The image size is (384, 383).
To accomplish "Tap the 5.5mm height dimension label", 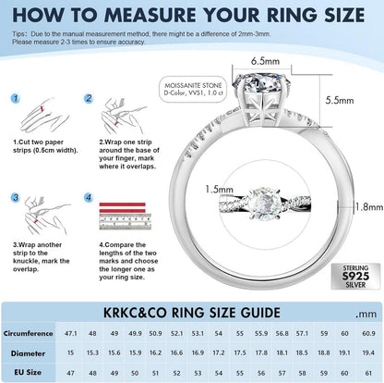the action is [340, 100].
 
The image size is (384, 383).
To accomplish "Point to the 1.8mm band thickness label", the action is [369, 206].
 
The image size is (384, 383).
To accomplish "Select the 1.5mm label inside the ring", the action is [219, 189].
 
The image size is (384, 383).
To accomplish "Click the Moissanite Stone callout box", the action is [193, 90].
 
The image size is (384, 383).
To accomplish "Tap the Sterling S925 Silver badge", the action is [355, 277].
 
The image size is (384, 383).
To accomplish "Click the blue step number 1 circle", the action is [16, 99].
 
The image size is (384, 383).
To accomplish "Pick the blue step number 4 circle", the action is [89, 197].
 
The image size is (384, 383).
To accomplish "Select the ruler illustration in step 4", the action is [126, 222].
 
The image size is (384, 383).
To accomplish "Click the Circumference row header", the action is [28, 333].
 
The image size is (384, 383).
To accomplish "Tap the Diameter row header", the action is [28, 353].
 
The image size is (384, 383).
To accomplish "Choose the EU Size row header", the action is [28, 372].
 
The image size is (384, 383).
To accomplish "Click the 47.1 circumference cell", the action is [71, 333].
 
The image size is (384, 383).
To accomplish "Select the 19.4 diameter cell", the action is [368, 352].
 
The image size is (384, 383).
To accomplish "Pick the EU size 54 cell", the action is [219, 373].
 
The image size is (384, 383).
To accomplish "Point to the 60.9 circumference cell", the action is [368, 333].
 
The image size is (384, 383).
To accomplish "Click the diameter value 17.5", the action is [240, 352].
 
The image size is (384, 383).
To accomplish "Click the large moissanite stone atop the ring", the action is [262, 82].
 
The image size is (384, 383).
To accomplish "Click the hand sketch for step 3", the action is [46, 215].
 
